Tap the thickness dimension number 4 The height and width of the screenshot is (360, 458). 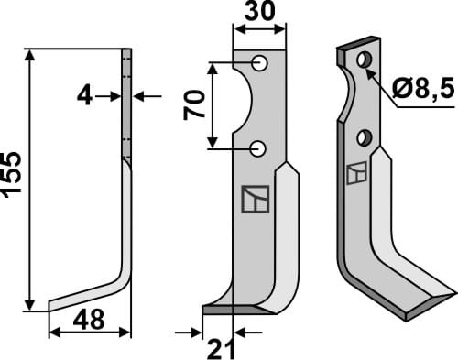tap(84, 94)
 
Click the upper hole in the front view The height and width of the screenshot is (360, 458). tap(260, 64)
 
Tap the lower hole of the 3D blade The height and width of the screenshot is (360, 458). tap(364, 139)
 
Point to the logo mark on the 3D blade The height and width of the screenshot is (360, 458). tap(357, 172)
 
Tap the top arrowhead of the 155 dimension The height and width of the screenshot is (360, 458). tap(34, 54)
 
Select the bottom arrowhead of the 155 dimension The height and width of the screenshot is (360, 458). tap(34, 305)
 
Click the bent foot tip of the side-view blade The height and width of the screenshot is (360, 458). tap(52, 305)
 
